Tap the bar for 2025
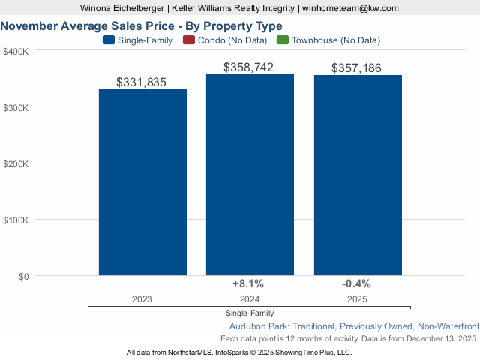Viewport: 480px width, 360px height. [x=358, y=175]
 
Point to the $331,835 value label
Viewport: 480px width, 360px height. [x=142, y=82]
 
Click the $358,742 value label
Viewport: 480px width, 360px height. [x=249, y=67]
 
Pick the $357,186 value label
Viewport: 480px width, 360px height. [x=356, y=68]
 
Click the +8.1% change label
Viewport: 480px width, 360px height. [x=248, y=283]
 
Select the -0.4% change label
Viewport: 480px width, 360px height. [x=356, y=283]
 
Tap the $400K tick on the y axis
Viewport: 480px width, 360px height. [x=16, y=51]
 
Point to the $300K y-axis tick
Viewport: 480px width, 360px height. [x=16, y=107]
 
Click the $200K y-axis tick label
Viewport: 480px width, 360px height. [x=16, y=163]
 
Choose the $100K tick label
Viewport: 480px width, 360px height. [x=16, y=220]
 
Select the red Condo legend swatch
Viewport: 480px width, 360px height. [x=188, y=40]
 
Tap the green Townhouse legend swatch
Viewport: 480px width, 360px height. [x=282, y=40]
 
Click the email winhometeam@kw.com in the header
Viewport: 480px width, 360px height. [x=350, y=7]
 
